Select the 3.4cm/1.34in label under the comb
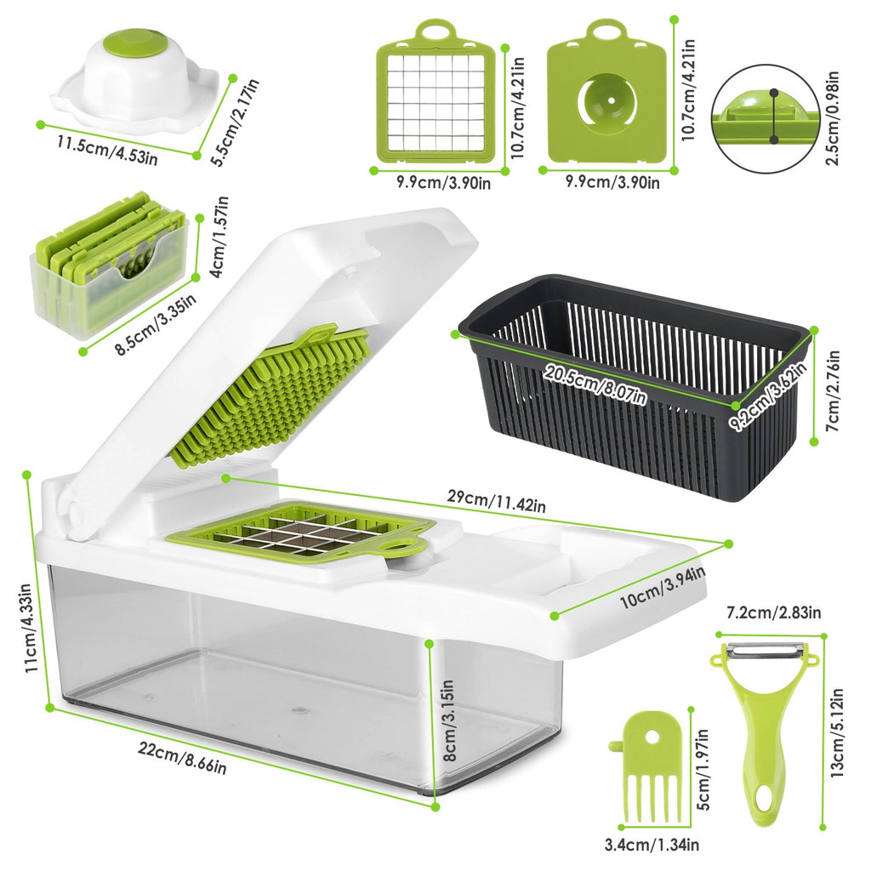pyautogui.click(x=652, y=844)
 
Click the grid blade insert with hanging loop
pyautogui.click(x=435, y=94)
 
